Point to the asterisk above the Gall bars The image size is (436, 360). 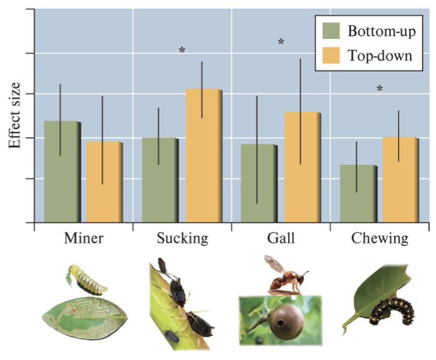tap(281, 42)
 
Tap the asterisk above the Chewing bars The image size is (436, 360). tap(380, 89)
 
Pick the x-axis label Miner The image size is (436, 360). tap(83, 238)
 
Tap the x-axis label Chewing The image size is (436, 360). tap(379, 238)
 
